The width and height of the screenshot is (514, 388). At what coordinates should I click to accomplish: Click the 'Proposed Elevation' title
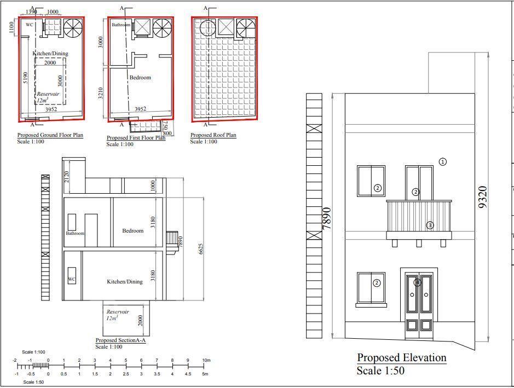(x=401, y=358)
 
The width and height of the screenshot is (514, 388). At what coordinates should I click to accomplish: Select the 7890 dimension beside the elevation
(x=327, y=218)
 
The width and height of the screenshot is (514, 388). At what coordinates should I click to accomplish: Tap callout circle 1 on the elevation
(x=443, y=161)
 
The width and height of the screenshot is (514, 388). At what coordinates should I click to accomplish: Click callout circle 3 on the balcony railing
(x=430, y=225)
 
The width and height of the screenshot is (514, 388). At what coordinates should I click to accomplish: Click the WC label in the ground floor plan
(x=30, y=25)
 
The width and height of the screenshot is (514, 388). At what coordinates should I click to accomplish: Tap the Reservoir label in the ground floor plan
(x=48, y=94)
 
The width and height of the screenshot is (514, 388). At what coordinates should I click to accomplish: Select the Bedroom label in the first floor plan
(x=140, y=78)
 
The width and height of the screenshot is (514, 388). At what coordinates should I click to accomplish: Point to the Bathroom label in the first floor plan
(x=122, y=25)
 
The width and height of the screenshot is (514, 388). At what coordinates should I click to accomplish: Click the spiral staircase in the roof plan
(x=246, y=28)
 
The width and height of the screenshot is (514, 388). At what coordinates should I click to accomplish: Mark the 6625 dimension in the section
(x=201, y=249)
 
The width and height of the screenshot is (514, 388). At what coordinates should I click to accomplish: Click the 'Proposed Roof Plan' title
(x=213, y=135)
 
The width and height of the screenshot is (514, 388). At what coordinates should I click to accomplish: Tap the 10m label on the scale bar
(x=206, y=360)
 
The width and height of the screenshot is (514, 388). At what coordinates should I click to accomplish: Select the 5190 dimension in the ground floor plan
(x=26, y=78)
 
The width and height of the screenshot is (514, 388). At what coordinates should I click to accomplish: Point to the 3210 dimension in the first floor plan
(x=101, y=92)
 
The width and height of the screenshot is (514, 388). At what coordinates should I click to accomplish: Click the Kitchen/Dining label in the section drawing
(x=124, y=282)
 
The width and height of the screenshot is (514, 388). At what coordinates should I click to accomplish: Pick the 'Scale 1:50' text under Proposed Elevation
(x=380, y=370)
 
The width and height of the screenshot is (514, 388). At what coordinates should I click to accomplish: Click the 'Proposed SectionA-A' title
(x=120, y=340)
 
